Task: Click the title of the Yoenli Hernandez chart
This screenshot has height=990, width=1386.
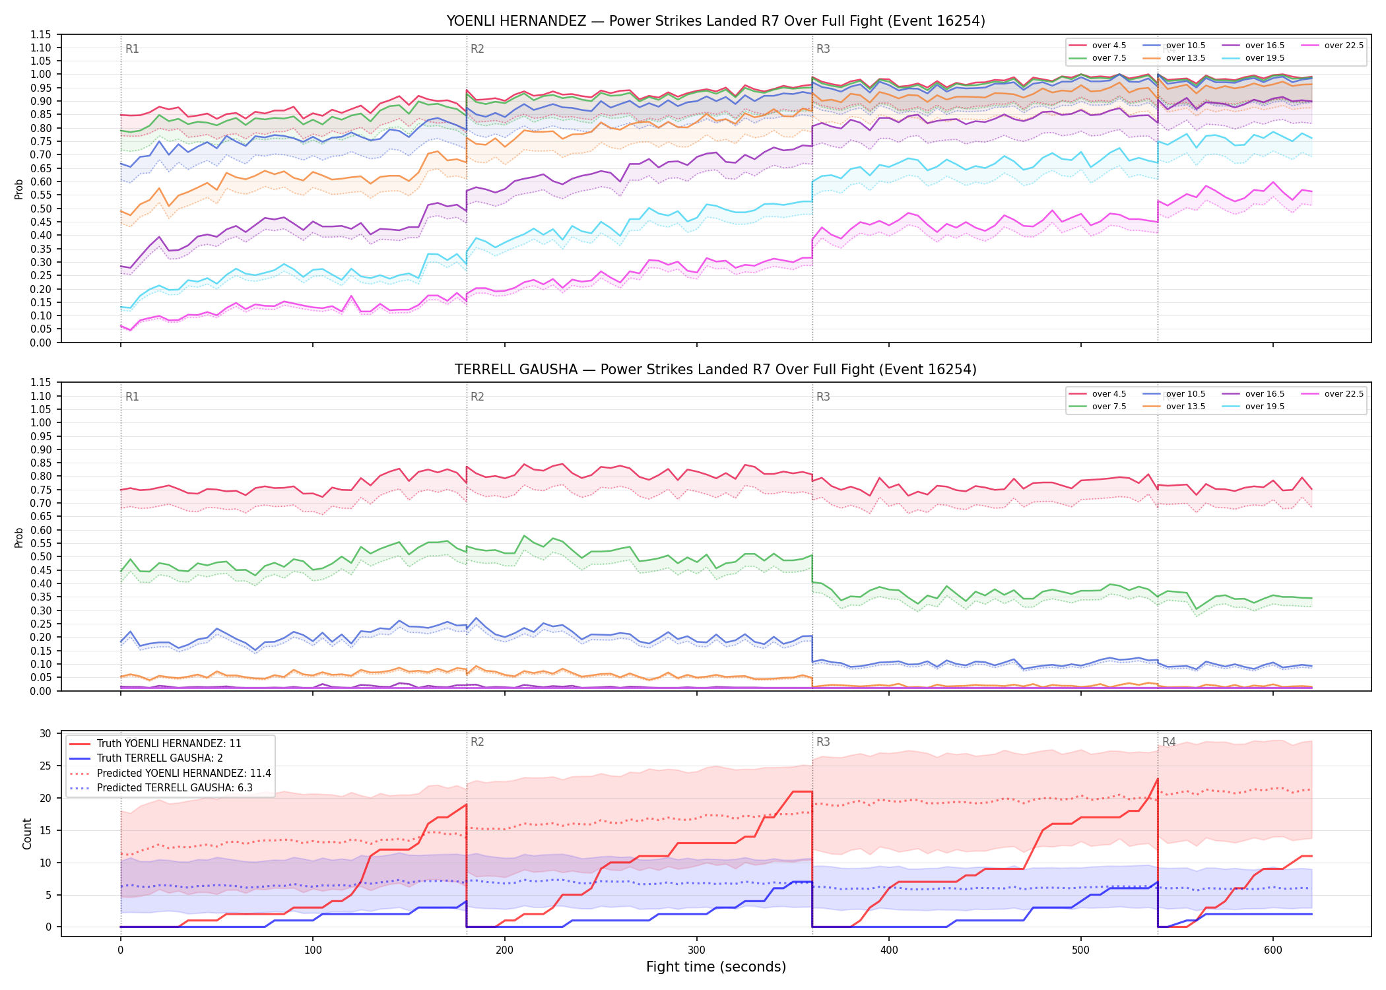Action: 715,21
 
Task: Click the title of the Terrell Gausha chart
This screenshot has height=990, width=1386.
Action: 715,370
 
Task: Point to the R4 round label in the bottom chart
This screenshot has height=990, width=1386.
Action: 1169,742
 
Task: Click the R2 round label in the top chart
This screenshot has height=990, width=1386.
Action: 477,49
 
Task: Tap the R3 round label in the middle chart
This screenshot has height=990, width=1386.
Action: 823,397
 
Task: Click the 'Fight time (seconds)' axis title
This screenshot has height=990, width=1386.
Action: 716,967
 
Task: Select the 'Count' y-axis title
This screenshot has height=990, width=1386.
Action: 27,834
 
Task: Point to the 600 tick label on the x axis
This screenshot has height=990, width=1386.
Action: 1272,950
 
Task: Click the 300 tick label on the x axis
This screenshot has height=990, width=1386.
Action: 696,950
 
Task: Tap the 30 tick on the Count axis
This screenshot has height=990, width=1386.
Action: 46,734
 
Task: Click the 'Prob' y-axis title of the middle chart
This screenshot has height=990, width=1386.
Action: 19,537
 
